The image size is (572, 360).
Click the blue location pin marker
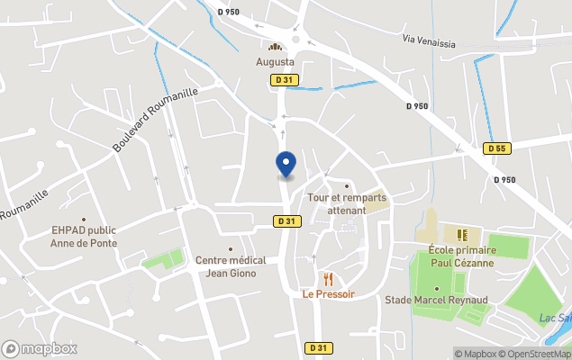(x=286, y=164)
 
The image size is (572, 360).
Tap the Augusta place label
(x=276, y=62)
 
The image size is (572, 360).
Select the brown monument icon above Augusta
(x=276, y=47)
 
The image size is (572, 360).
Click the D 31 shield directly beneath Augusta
(x=284, y=80)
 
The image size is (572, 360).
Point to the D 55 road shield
(x=495, y=148)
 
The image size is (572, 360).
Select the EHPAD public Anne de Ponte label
(x=84, y=236)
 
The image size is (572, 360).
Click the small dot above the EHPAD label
(x=84, y=219)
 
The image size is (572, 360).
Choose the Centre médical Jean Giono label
(x=231, y=266)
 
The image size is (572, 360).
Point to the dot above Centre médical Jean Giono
(x=231, y=249)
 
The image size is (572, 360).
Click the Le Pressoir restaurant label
(x=328, y=294)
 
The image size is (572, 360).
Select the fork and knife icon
(x=328, y=279)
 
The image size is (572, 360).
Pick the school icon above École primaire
(x=462, y=235)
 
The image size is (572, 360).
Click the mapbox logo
(x=40, y=348)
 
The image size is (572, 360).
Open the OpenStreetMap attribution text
(x=535, y=354)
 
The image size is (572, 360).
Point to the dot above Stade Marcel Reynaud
(x=437, y=288)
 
